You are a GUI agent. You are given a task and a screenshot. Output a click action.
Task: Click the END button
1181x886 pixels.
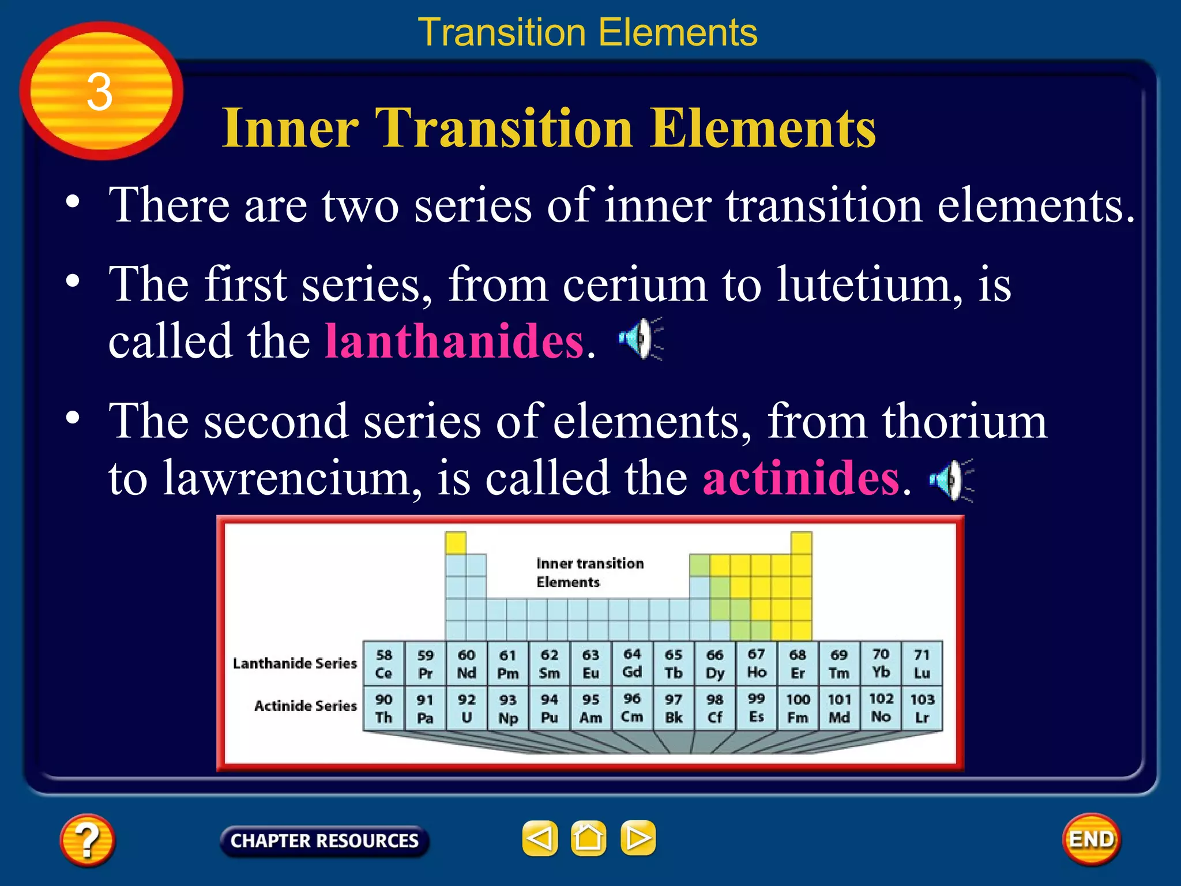pos(1091,839)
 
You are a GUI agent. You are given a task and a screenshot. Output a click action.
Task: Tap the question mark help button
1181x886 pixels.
pos(87,839)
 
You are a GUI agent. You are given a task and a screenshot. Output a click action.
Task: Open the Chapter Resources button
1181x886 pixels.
pos(324,841)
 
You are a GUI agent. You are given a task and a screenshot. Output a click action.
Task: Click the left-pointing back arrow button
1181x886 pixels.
pos(540,838)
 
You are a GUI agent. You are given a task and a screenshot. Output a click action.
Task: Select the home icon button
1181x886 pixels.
pos(588,838)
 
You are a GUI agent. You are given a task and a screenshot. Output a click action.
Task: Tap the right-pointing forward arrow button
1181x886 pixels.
pos(638,838)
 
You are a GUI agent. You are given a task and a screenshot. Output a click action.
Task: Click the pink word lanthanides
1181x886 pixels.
pos(454,341)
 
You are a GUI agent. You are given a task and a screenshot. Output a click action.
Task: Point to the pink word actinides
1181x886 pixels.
pos(801,478)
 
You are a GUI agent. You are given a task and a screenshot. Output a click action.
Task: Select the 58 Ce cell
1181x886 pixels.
pos(384,663)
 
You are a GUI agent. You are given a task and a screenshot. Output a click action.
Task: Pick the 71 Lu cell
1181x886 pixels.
pos(922,663)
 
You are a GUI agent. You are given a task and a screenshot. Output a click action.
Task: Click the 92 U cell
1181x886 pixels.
pos(467,708)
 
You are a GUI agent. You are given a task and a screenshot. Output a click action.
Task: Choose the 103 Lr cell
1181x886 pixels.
pos(922,708)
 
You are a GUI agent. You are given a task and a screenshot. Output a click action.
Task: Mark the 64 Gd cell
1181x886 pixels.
pos(632,663)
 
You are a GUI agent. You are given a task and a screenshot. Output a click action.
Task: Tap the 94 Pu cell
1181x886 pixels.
pos(550,708)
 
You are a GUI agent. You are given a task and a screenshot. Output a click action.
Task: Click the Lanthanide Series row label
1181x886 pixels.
pos(295,663)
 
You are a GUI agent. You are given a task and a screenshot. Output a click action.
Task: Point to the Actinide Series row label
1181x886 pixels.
pos(306,705)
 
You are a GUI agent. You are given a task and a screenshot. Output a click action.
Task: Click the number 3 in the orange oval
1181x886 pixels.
pos(100,92)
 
